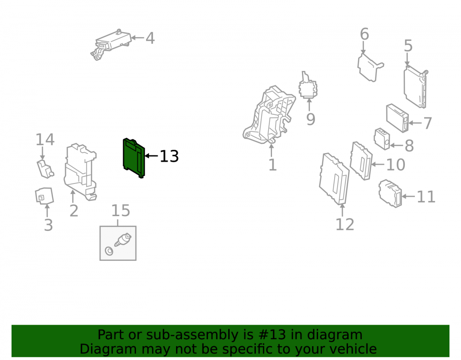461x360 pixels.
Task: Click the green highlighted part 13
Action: pos(134,158)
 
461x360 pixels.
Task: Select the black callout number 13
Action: pos(169,156)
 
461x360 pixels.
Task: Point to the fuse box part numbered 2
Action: pos(80,172)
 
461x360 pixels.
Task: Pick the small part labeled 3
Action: pos(44,196)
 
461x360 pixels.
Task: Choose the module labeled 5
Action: pos(415,87)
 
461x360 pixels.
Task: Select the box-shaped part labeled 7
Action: pos(397,118)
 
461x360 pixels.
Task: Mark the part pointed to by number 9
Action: pos(308,85)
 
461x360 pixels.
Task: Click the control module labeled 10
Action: pos(361,161)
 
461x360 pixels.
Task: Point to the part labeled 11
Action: pos(390,194)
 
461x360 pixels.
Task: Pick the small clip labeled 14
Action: pos(45,169)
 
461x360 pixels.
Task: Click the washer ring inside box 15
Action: pos(109,251)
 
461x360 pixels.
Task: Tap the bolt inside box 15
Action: pos(123,240)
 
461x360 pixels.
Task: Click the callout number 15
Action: pos(120,211)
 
